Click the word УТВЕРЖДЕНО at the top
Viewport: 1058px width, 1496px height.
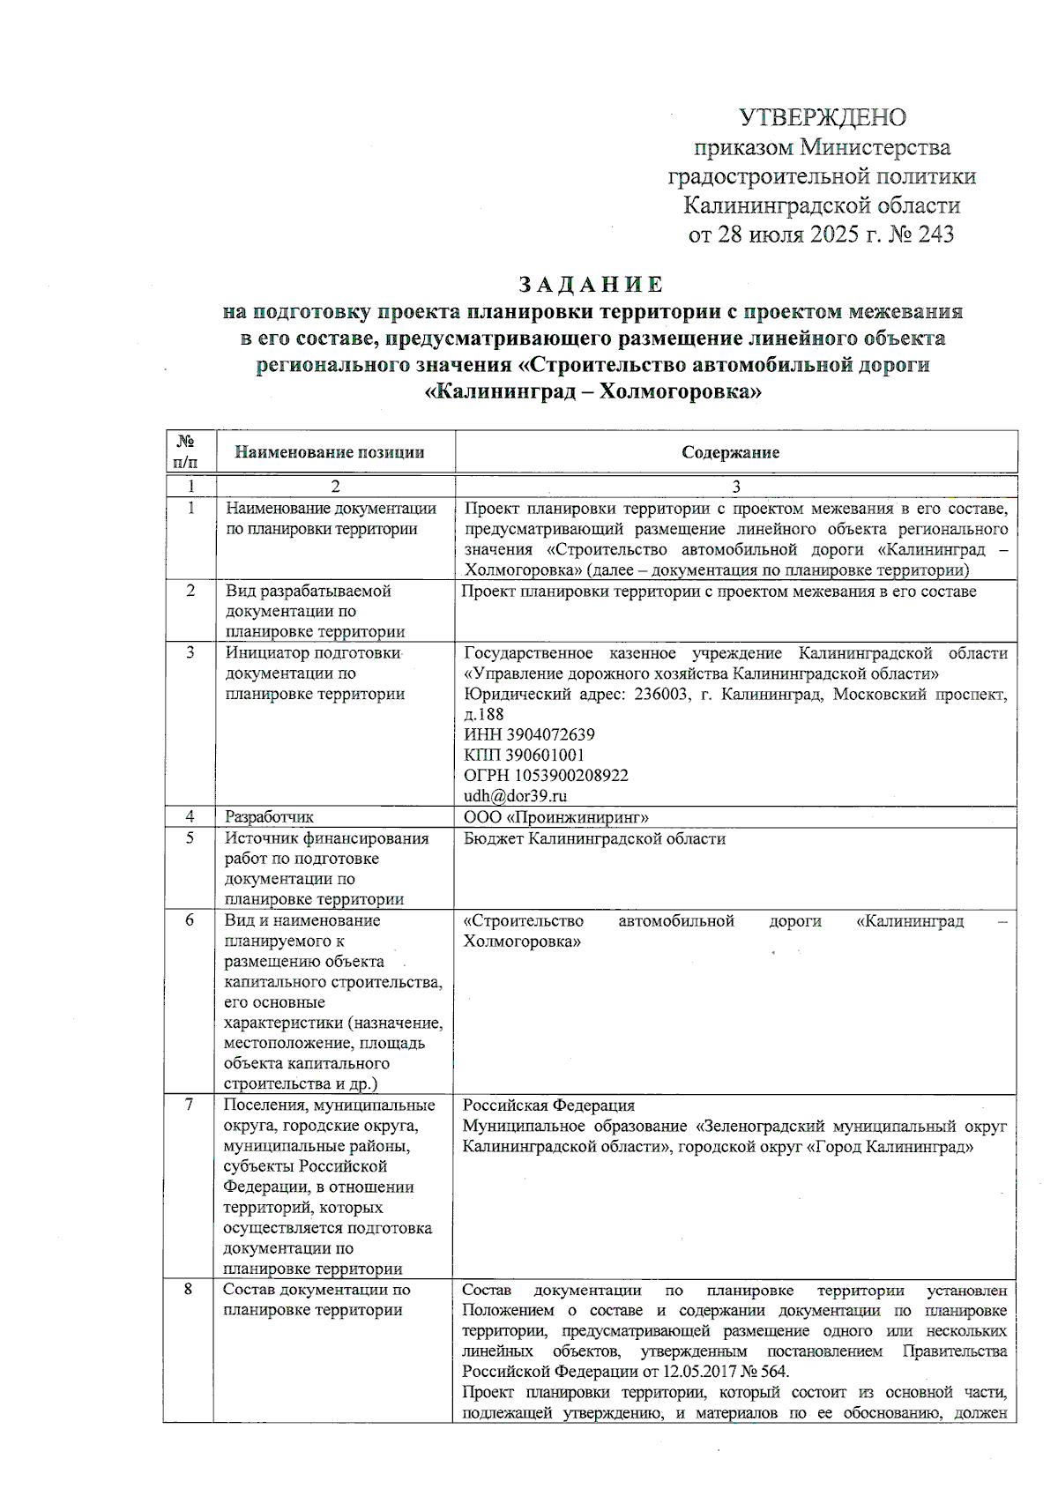tap(823, 117)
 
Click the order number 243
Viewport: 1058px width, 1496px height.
tap(935, 234)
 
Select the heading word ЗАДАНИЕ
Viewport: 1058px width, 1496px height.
tap(591, 285)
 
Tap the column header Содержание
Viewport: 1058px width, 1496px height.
tap(730, 452)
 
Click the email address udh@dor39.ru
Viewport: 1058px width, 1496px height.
tap(516, 795)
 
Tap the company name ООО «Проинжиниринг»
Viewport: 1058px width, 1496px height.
tap(556, 817)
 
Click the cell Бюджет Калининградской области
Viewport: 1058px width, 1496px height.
tap(594, 838)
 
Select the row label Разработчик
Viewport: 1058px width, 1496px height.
tap(269, 817)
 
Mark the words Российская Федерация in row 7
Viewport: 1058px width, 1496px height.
tap(548, 1105)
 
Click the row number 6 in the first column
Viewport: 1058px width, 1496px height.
tap(190, 920)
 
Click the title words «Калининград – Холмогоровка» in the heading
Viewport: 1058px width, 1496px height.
tap(592, 391)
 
